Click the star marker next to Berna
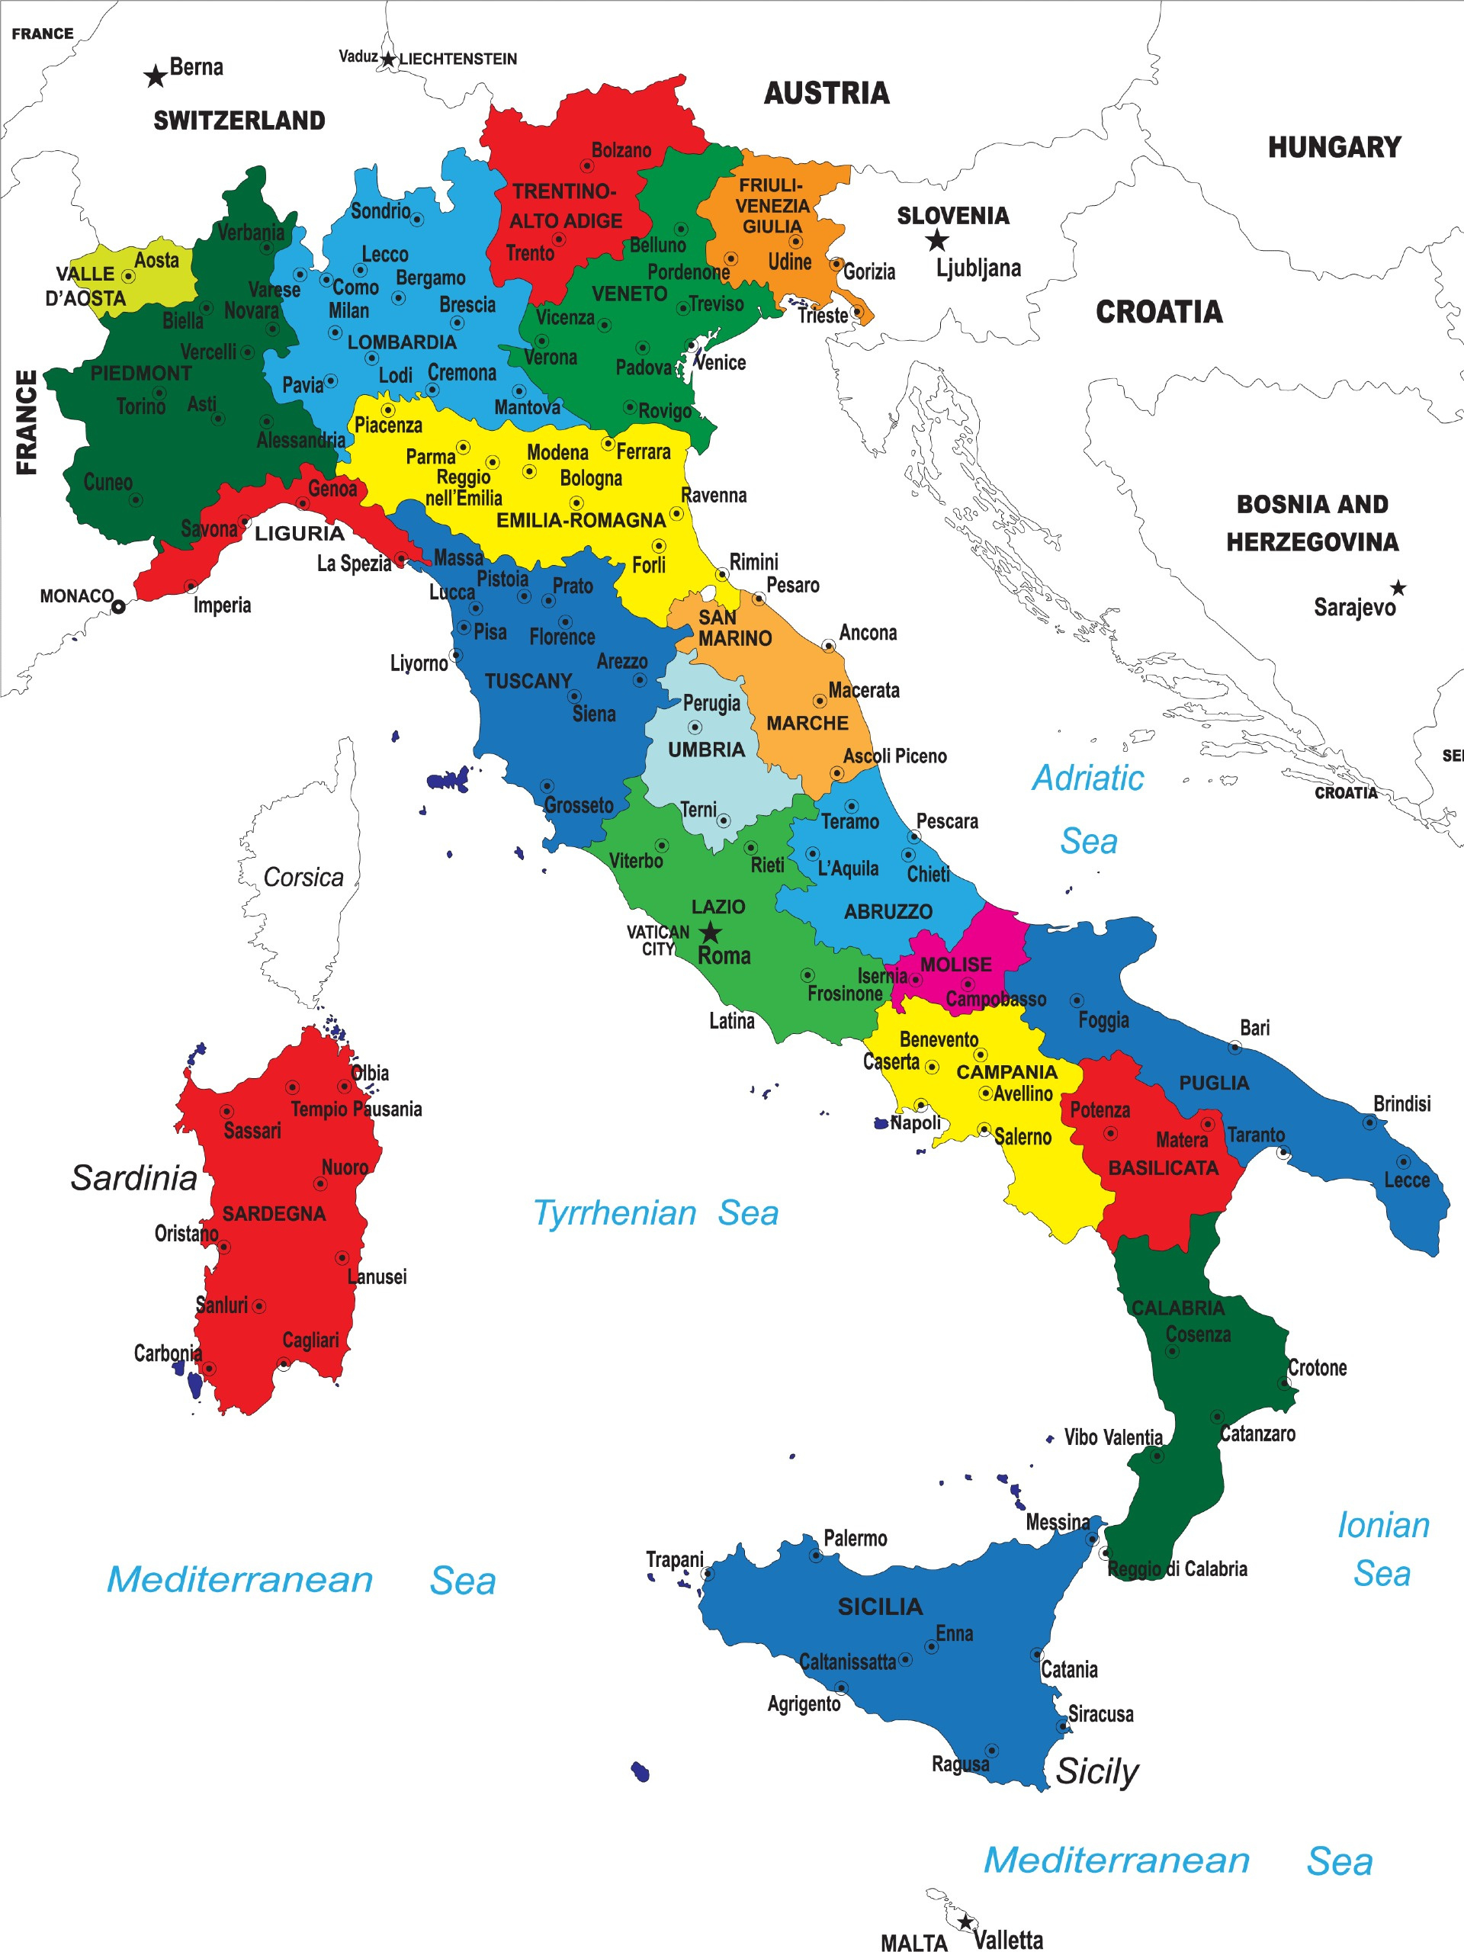point(156,77)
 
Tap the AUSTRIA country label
point(826,94)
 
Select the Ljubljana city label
point(978,268)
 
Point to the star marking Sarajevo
point(1398,588)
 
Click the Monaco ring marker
point(118,606)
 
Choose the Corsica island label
point(303,877)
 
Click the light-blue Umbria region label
point(706,750)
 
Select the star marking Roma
point(711,932)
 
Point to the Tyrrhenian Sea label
point(655,1212)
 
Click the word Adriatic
point(1087,778)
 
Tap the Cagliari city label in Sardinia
point(310,1340)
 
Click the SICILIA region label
point(880,1606)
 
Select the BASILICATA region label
point(1162,1167)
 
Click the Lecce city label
point(1406,1180)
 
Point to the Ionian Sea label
point(1383,1549)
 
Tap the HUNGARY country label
point(1334,147)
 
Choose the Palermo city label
point(854,1538)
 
